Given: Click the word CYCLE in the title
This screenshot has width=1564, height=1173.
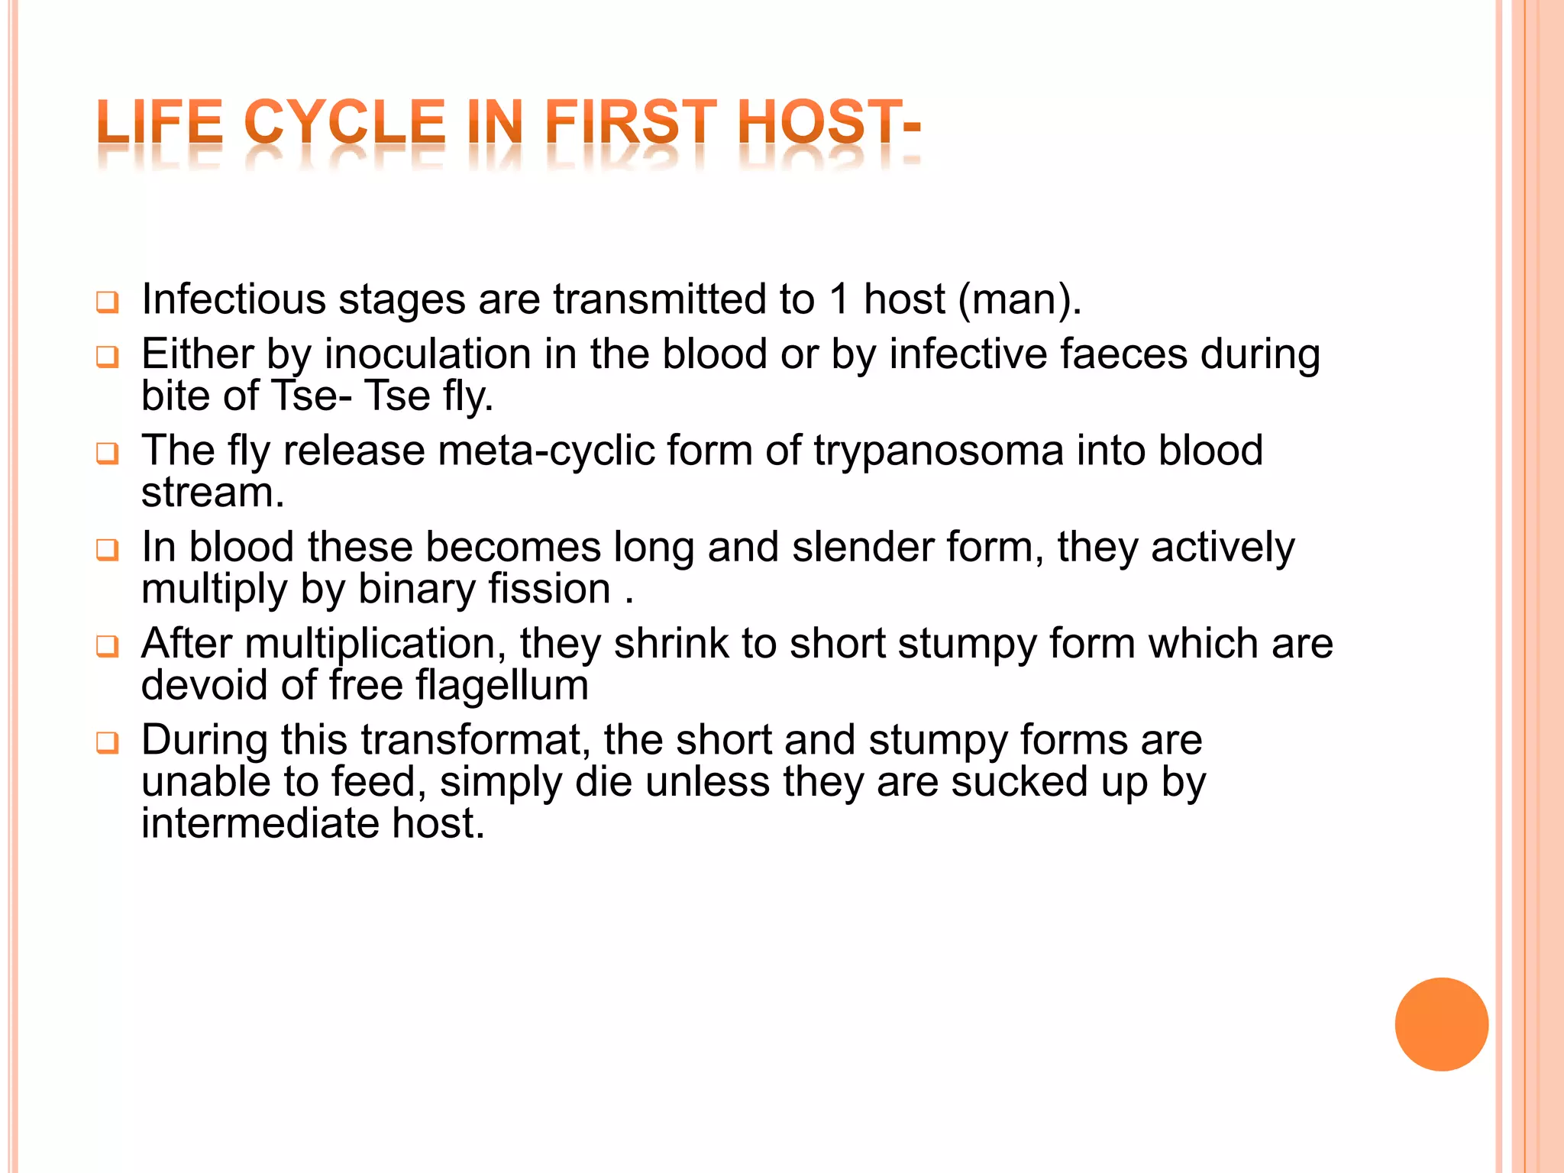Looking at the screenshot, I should click(344, 122).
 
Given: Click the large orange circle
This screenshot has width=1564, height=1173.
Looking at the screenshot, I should click(1441, 1024).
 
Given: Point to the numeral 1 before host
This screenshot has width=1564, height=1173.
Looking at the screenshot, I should click(839, 299).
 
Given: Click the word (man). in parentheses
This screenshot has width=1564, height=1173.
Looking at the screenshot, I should click(1020, 299).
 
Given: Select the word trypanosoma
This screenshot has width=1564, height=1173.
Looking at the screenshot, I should click(938, 451).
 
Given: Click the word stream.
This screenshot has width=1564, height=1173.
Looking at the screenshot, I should click(212, 493).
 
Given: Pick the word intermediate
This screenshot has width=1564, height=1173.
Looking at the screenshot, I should click(260, 824).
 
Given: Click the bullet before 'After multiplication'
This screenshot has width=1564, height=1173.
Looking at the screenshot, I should click(108, 647).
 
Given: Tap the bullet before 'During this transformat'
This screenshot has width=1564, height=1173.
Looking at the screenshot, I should click(108, 743).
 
